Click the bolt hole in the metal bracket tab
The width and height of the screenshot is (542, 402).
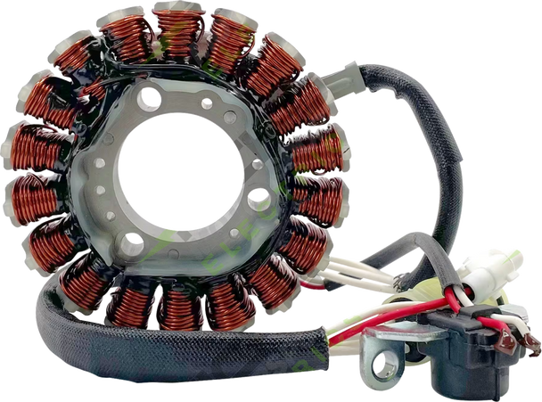(x=387, y=361)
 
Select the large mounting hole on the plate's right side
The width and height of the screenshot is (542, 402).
(x=259, y=201)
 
